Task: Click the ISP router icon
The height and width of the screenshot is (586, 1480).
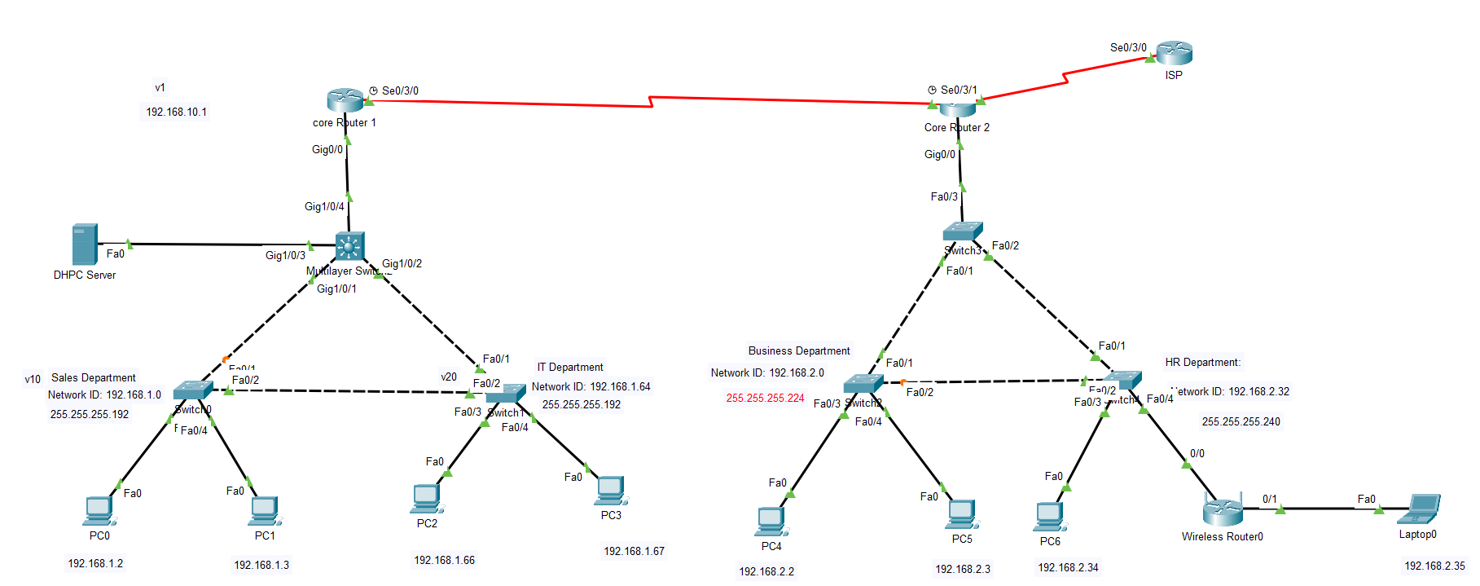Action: (x=1174, y=53)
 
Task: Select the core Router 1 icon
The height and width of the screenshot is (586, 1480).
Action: (x=345, y=100)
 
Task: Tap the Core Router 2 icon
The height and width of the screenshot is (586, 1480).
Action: (x=957, y=108)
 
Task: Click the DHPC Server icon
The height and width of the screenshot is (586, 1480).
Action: (x=85, y=244)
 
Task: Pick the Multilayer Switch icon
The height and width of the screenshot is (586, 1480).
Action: (x=349, y=246)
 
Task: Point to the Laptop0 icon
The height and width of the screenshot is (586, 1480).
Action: (x=1419, y=509)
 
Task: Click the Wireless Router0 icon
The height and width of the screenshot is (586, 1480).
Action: (x=1222, y=511)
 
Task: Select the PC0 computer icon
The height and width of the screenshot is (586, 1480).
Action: (x=99, y=511)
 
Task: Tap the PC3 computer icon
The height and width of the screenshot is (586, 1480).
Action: (x=611, y=491)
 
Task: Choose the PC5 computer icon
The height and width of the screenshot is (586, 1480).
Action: (x=962, y=514)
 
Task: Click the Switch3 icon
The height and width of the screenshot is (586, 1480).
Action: (x=963, y=231)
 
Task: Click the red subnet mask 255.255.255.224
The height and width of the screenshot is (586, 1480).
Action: (x=765, y=399)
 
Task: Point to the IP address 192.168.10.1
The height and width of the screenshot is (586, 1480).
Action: (x=176, y=112)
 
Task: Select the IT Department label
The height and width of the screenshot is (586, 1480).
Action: (x=570, y=368)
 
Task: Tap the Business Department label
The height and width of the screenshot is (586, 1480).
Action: (x=798, y=351)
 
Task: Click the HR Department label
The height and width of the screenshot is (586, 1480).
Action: (x=1202, y=363)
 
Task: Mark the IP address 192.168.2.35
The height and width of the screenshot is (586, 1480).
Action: (x=1434, y=566)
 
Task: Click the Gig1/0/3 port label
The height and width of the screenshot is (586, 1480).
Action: (x=285, y=256)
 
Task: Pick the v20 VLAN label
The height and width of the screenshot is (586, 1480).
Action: (x=449, y=377)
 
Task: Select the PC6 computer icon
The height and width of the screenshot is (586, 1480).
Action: (x=1049, y=517)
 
